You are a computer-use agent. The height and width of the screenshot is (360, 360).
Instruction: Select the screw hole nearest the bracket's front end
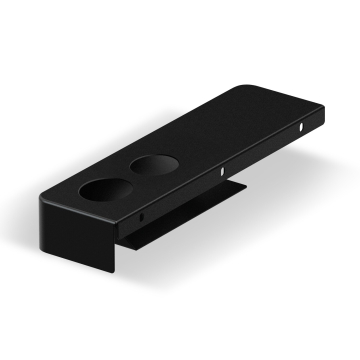[142, 215]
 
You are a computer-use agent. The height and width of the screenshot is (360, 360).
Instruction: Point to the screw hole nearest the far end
[304, 129]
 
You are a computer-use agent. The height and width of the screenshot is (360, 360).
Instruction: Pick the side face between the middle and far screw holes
[263, 152]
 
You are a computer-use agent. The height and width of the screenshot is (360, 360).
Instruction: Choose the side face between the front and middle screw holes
[182, 195]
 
